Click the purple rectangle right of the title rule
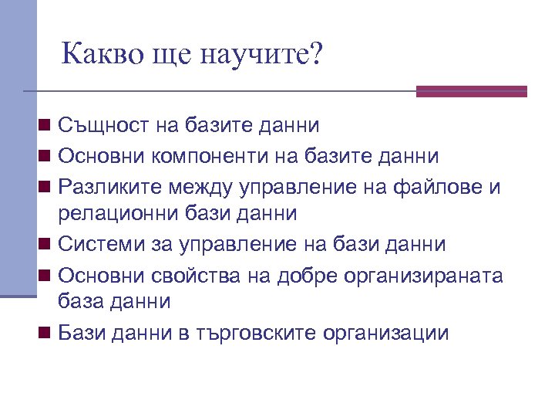coord(471,91)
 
